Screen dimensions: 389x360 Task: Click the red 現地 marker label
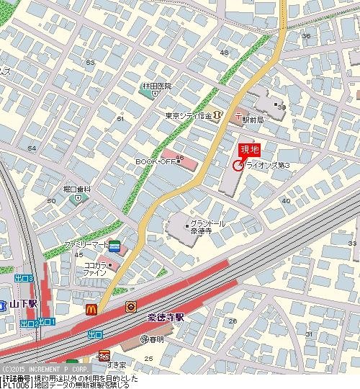(249, 150)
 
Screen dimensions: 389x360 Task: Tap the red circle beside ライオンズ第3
(238, 166)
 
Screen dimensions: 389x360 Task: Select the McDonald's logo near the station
(91, 309)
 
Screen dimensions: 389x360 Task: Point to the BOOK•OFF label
(156, 161)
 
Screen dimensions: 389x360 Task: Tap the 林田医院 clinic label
(156, 86)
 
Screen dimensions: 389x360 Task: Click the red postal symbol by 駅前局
(238, 115)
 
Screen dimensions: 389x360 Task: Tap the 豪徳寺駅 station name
(168, 316)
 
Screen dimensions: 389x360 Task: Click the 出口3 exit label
(24, 277)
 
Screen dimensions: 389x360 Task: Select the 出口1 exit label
(48, 322)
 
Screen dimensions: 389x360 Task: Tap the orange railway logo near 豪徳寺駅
(131, 305)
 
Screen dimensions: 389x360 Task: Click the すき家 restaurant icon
(104, 355)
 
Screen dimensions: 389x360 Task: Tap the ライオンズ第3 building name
(267, 166)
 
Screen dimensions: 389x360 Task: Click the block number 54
(31, 148)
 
